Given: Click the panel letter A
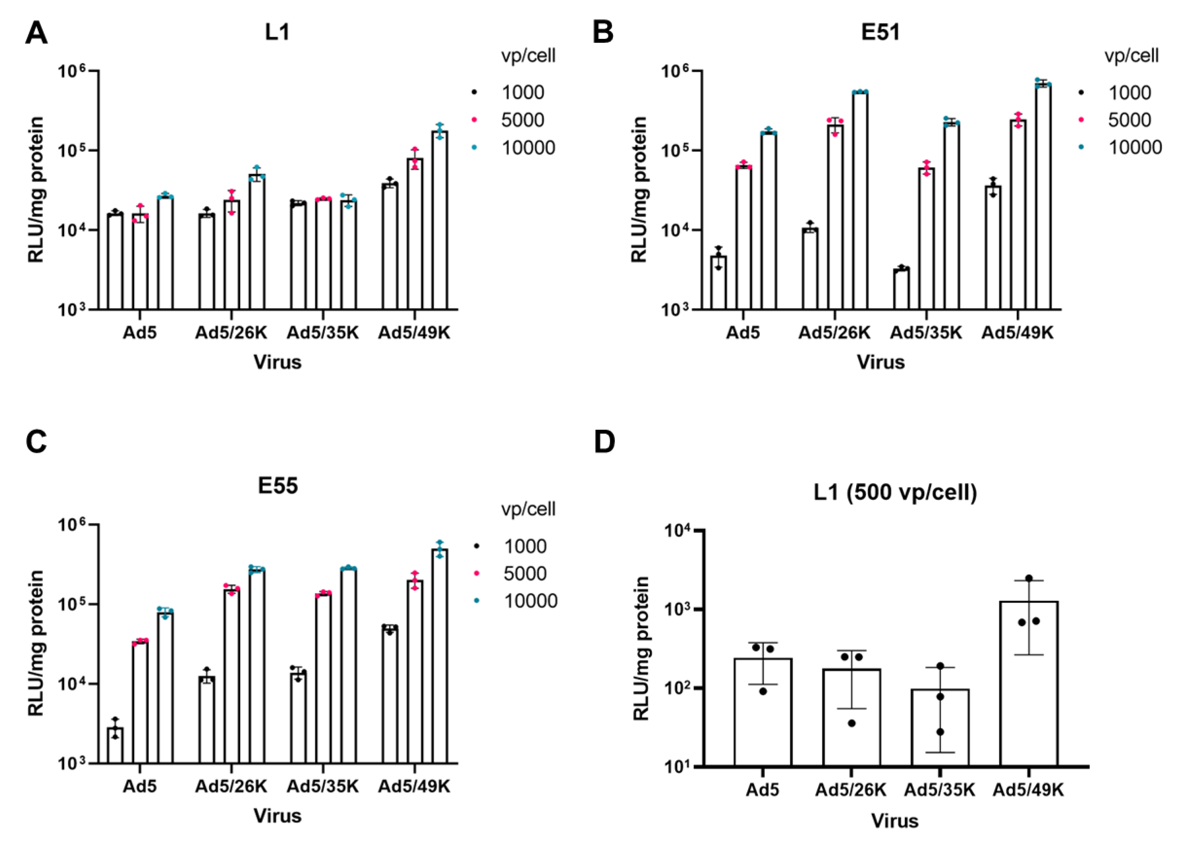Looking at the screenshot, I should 36,35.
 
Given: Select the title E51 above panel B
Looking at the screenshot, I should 880,32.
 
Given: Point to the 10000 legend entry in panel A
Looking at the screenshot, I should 527,148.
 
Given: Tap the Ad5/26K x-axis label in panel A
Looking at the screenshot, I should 231,333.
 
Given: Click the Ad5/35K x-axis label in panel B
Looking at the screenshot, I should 926,333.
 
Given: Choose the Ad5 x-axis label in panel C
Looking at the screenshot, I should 140,786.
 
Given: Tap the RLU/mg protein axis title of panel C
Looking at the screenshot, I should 36,643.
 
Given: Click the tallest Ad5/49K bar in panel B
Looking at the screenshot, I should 1043,197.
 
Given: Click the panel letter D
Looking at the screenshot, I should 604,442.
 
